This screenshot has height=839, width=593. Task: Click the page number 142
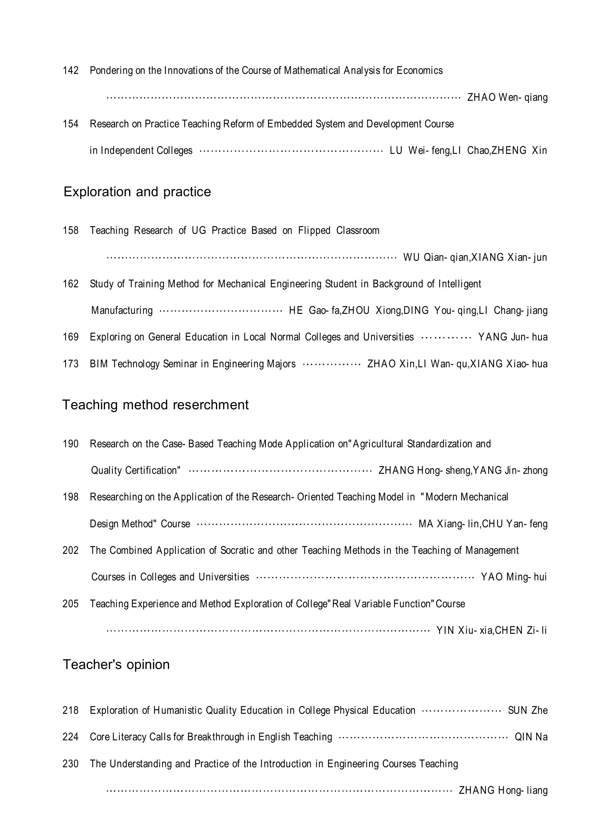pyautogui.click(x=71, y=70)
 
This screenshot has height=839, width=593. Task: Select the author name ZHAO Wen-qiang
pyautogui.click(x=507, y=98)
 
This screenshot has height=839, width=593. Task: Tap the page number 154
pyautogui.click(x=71, y=124)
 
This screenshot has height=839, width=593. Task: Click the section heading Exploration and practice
pyautogui.click(x=137, y=192)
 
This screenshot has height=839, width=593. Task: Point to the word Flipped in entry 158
pyautogui.click(x=314, y=231)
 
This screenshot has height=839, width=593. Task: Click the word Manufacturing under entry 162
pyautogui.click(x=122, y=311)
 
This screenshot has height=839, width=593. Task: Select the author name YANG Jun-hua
pyautogui.click(x=513, y=337)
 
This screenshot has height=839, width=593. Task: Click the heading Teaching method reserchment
pyautogui.click(x=155, y=405)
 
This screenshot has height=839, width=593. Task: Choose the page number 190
pyautogui.click(x=71, y=444)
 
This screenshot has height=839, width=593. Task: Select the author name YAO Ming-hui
pyautogui.click(x=514, y=577)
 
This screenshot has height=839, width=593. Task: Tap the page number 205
pyautogui.click(x=71, y=604)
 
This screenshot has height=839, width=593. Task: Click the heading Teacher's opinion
pyautogui.click(x=116, y=664)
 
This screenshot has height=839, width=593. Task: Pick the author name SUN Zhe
pyautogui.click(x=528, y=710)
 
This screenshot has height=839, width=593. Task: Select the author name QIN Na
pyautogui.click(x=531, y=737)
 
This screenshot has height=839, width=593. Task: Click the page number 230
pyautogui.click(x=71, y=764)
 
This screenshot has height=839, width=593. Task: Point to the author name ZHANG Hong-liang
pyautogui.click(x=503, y=791)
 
